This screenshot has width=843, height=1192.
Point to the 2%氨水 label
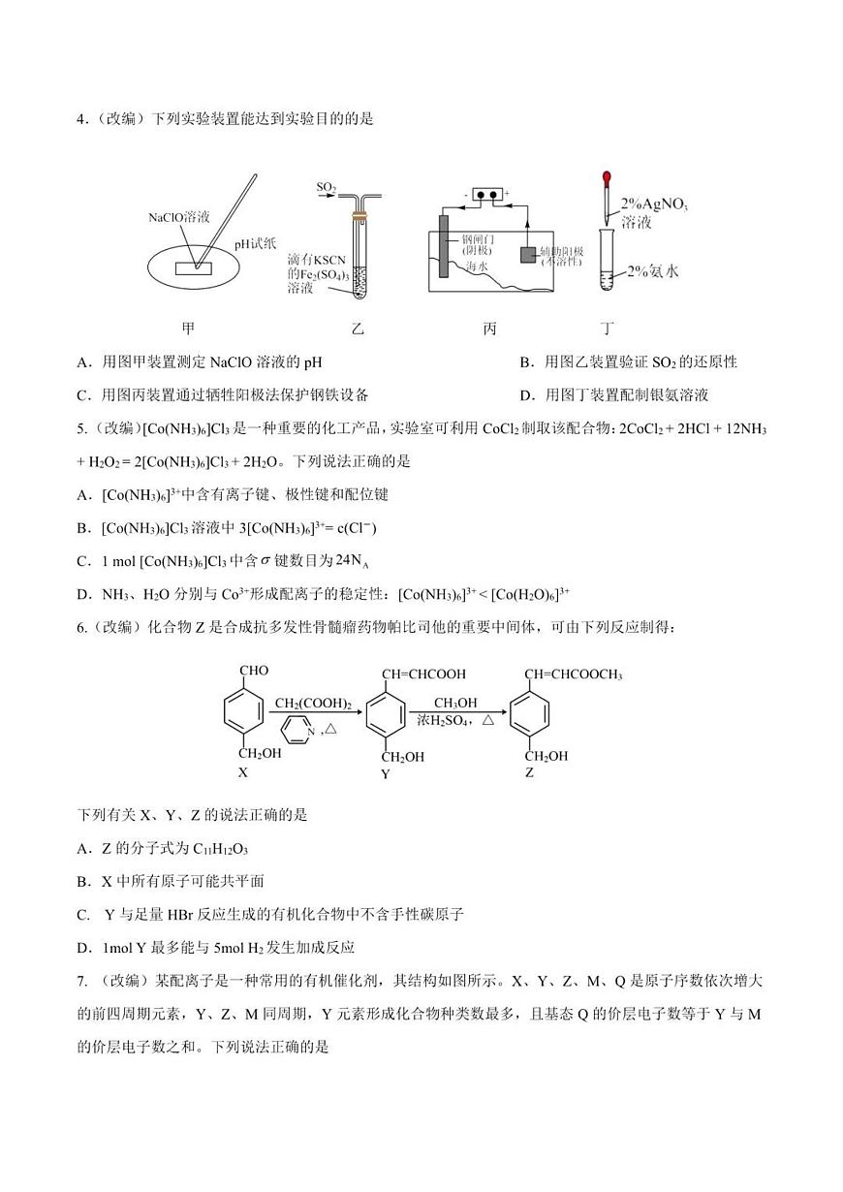pos(652,271)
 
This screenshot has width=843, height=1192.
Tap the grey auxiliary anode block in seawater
pos(527,255)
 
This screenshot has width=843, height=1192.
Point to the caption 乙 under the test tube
pos(357,329)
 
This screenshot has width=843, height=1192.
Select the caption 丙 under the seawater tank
pos(489,329)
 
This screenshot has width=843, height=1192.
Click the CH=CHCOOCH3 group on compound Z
pos(573,674)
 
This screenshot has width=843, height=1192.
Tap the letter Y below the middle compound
pos(385,774)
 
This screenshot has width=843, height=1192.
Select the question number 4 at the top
pos(81,119)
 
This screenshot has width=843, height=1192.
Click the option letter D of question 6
pos(82,947)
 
